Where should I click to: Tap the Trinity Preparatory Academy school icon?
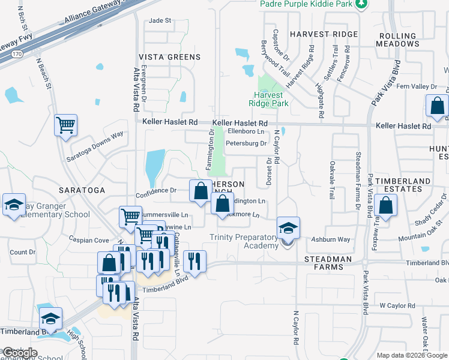(x=288, y=228)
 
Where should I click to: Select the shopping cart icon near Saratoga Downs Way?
(x=66, y=125)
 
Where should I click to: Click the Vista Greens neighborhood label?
(x=170, y=57)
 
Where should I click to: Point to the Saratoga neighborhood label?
(x=82, y=190)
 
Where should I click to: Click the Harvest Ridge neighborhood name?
(x=324, y=34)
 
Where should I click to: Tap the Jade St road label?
(x=160, y=20)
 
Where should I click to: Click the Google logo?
(x=20, y=352)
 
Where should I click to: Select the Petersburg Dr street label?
(x=246, y=143)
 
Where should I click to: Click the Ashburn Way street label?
(x=330, y=240)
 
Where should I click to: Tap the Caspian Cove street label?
(x=89, y=240)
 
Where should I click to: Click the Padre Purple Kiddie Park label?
(x=307, y=4)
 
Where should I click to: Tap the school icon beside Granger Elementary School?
(x=14, y=205)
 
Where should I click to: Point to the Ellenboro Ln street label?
(x=246, y=131)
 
